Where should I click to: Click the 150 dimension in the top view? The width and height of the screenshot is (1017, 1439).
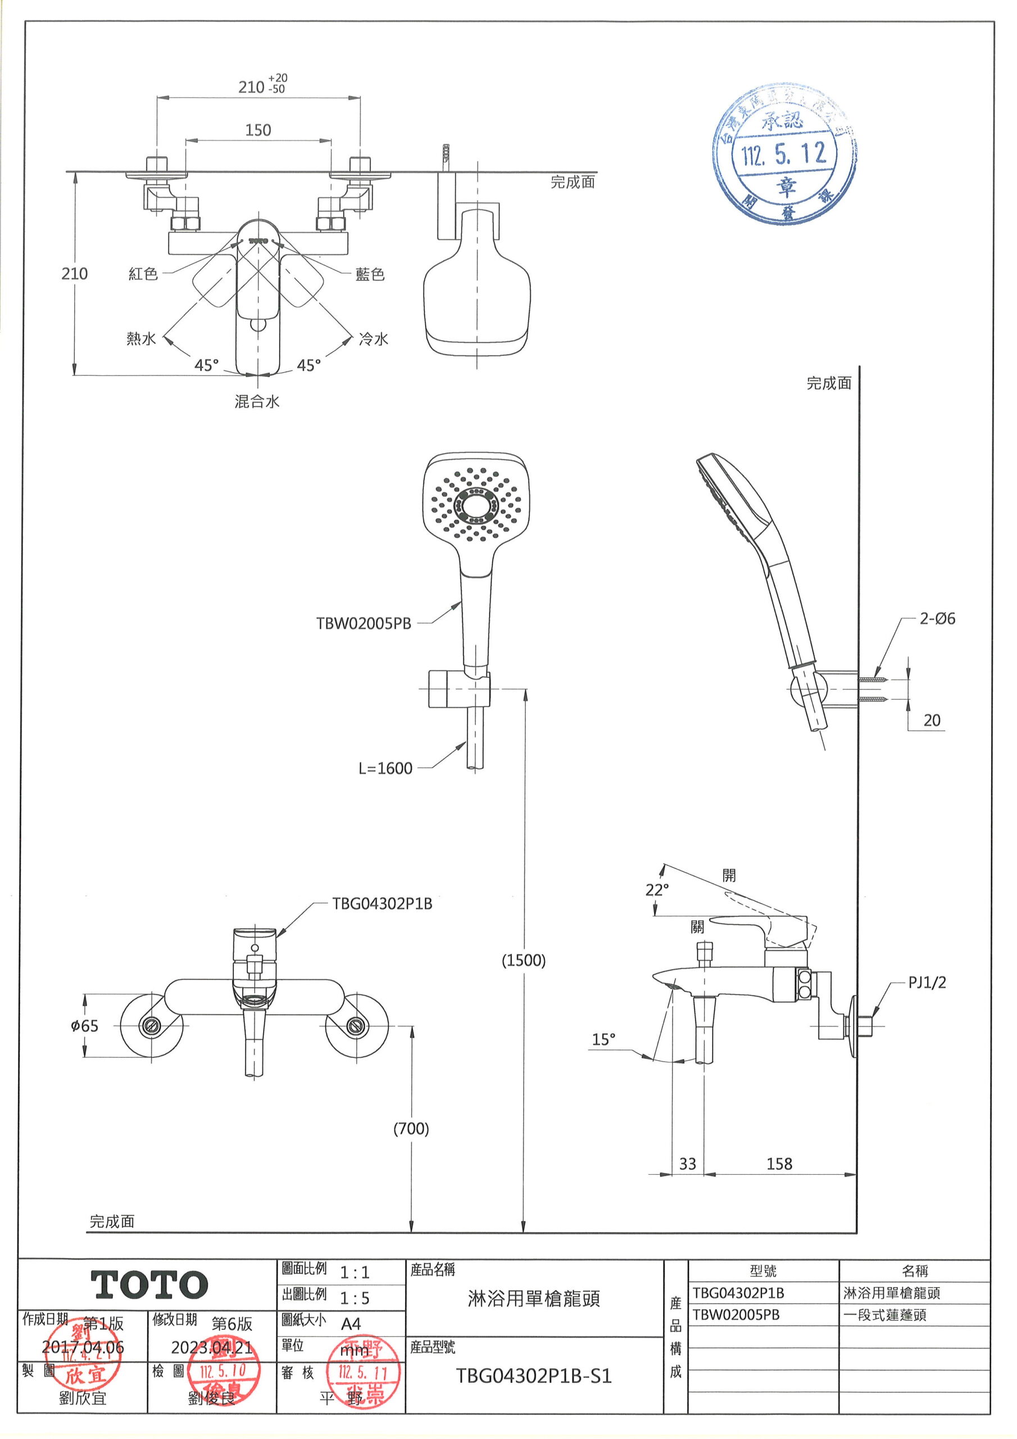pos(257,130)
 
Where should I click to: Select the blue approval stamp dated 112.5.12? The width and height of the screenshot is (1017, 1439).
pos(784,153)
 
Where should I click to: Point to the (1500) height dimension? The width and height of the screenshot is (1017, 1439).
pos(523,960)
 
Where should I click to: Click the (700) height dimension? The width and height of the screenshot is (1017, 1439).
pos(411,1129)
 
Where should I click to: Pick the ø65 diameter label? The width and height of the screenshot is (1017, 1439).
pos(85,1026)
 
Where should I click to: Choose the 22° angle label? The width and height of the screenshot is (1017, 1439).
pos(657,889)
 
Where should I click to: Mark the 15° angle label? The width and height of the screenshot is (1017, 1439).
pos(603,1040)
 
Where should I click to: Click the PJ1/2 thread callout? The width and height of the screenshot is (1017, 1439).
pos(927,982)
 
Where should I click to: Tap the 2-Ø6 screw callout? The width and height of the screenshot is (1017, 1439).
pos(937,618)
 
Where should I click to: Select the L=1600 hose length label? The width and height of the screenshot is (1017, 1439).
pos(385,768)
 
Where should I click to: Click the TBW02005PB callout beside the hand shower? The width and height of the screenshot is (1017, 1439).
pos(364,623)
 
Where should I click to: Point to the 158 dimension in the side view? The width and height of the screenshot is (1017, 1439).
pos(779,1164)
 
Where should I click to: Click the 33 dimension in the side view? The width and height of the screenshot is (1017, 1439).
pos(687,1164)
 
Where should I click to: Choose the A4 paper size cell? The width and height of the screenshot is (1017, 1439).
pos(351,1324)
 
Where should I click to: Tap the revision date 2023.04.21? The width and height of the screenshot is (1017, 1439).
pos(211,1347)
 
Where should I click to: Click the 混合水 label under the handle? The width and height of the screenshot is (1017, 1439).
pos(257,402)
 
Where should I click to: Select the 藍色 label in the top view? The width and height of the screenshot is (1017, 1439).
pos(370,274)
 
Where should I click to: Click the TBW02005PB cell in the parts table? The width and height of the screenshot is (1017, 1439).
pos(736,1315)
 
